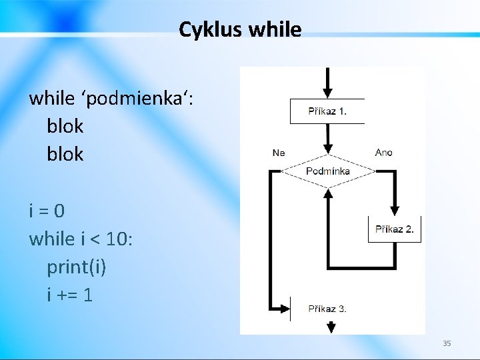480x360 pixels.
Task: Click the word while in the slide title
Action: pos(275,29)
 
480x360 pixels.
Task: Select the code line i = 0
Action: pos(47,211)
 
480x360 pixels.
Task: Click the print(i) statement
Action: pos(76,267)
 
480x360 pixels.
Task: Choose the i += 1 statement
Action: pos(69,294)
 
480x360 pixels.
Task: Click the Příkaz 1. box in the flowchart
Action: pos(327,111)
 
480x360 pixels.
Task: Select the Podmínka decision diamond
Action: pos(327,171)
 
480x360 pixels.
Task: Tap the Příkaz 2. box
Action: pos(394,229)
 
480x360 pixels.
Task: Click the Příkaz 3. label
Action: pos(327,309)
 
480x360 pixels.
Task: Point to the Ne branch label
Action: pos(279,153)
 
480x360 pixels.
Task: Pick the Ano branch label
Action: pos(384,153)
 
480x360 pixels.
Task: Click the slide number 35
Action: pos(447,343)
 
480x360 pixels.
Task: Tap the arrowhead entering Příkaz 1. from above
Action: pos(327,93)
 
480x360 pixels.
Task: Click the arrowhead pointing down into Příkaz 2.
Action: pos(395,210)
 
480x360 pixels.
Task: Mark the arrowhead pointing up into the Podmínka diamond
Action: pos(327,193)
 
